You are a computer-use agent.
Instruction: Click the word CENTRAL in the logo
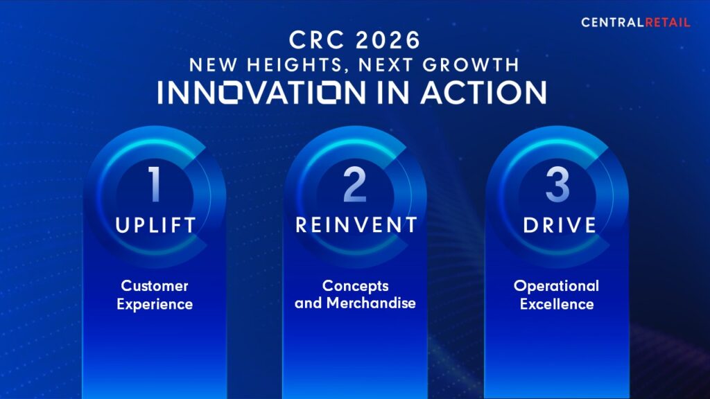(x=613, y=23)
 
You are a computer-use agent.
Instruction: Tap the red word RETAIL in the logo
(x=668, y=23)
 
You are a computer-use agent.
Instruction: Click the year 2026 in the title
(x=388, y=40)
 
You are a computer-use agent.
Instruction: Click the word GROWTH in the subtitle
(x=471, y=64)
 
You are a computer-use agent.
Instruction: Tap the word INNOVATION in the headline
(x=261, y=92)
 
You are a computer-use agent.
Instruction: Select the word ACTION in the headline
(x=483, y=92)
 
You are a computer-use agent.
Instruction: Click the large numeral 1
(x=155, y=184)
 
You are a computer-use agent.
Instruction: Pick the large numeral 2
(x=355, y=184)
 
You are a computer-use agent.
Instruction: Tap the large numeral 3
(x=557, y=184)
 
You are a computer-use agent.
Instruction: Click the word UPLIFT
(x=156, y=225)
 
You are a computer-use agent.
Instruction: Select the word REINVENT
(x=356, y=225)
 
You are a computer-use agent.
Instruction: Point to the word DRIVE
(x=560, y=225)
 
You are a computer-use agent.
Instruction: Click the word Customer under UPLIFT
(x=155, y=286)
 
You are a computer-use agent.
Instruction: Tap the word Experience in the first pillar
(x=155, y=304)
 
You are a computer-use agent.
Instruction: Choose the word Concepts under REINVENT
(x=356, y=286)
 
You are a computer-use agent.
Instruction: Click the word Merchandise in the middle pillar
(x=372, y=303)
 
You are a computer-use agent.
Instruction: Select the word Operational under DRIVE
(x=557, y=286)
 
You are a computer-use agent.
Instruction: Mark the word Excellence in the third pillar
(x=557, y=304)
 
